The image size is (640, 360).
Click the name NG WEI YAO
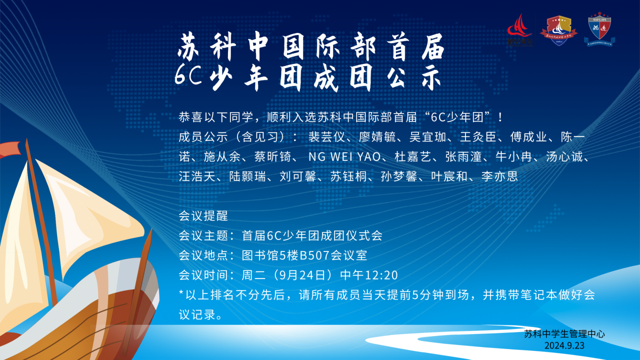click(344, 157)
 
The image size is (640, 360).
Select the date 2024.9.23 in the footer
click(564, 345)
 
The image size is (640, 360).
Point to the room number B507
click(314, 255)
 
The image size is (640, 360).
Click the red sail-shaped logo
click(519, 29)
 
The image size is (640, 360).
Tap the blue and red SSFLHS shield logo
click(599, 29)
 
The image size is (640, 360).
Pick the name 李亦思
click(499, 176)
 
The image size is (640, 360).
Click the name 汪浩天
click(197, 176)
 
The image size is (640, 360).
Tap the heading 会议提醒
click(203, 216)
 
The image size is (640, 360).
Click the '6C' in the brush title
click(188, 75)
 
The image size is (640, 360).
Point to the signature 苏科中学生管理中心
click(564, 334)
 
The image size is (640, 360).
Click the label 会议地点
click(203, 255)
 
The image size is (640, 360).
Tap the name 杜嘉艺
click(413, 157)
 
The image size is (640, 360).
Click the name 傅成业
click(528, 137)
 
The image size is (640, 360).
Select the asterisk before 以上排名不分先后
click(181, 293)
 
